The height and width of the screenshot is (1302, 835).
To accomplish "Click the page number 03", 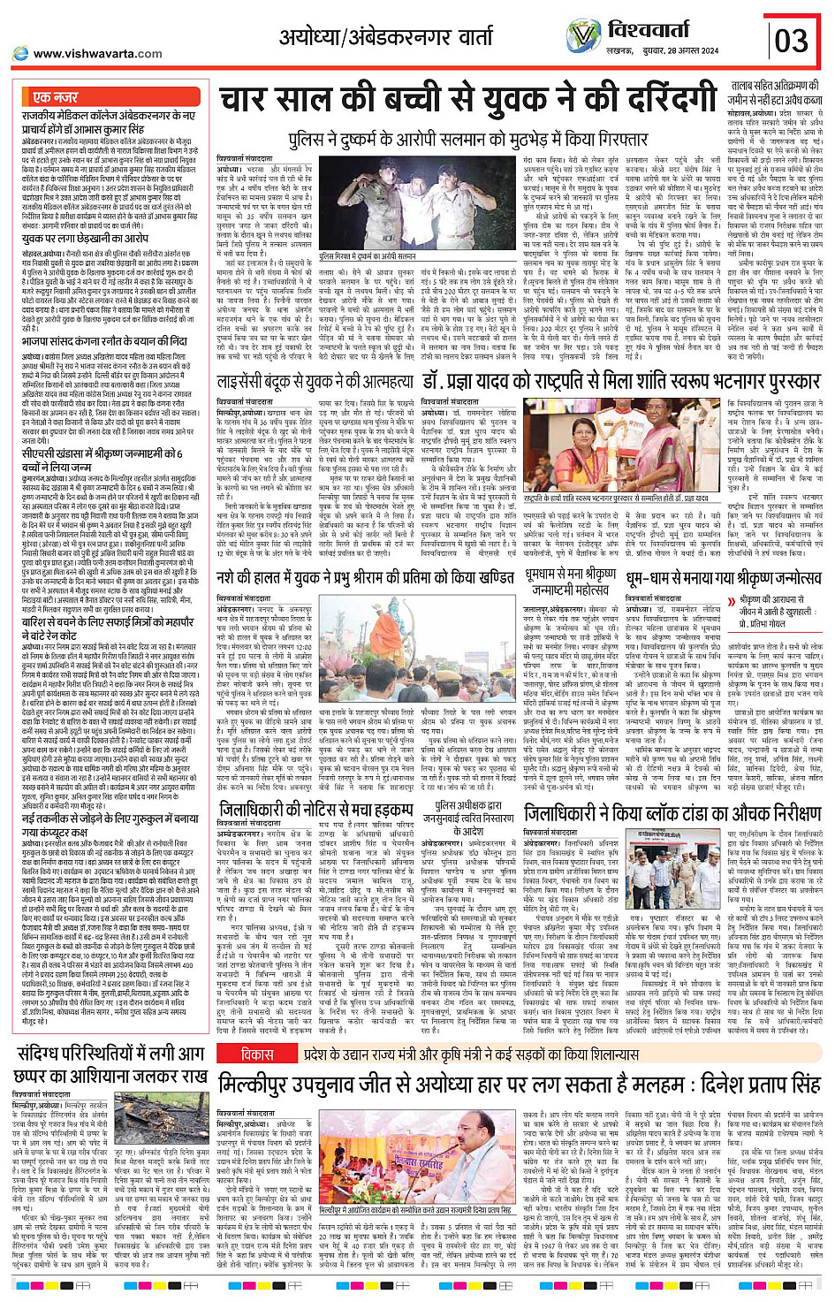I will point(791,40).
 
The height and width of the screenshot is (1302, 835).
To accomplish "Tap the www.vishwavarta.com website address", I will point(98,53).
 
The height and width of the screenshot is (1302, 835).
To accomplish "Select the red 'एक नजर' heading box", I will point(56,96).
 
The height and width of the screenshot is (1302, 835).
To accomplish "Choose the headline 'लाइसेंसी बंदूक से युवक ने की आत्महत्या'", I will point(315,382).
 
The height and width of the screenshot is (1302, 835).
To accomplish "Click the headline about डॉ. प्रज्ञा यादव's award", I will point(620,382).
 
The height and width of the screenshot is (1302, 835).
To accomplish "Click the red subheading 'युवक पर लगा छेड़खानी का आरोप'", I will point(87,239).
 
